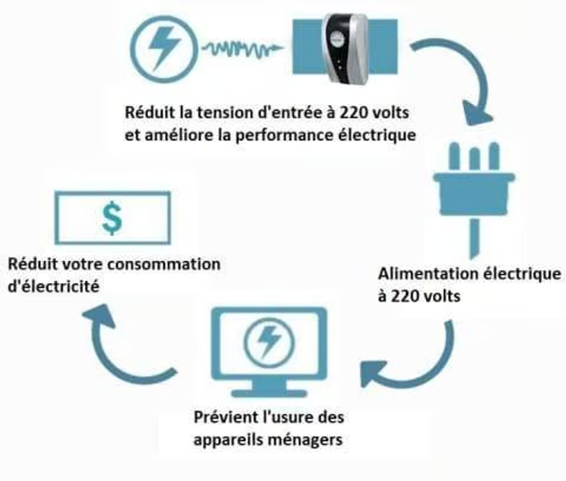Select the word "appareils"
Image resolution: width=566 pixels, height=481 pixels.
click(x=226, y=439)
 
